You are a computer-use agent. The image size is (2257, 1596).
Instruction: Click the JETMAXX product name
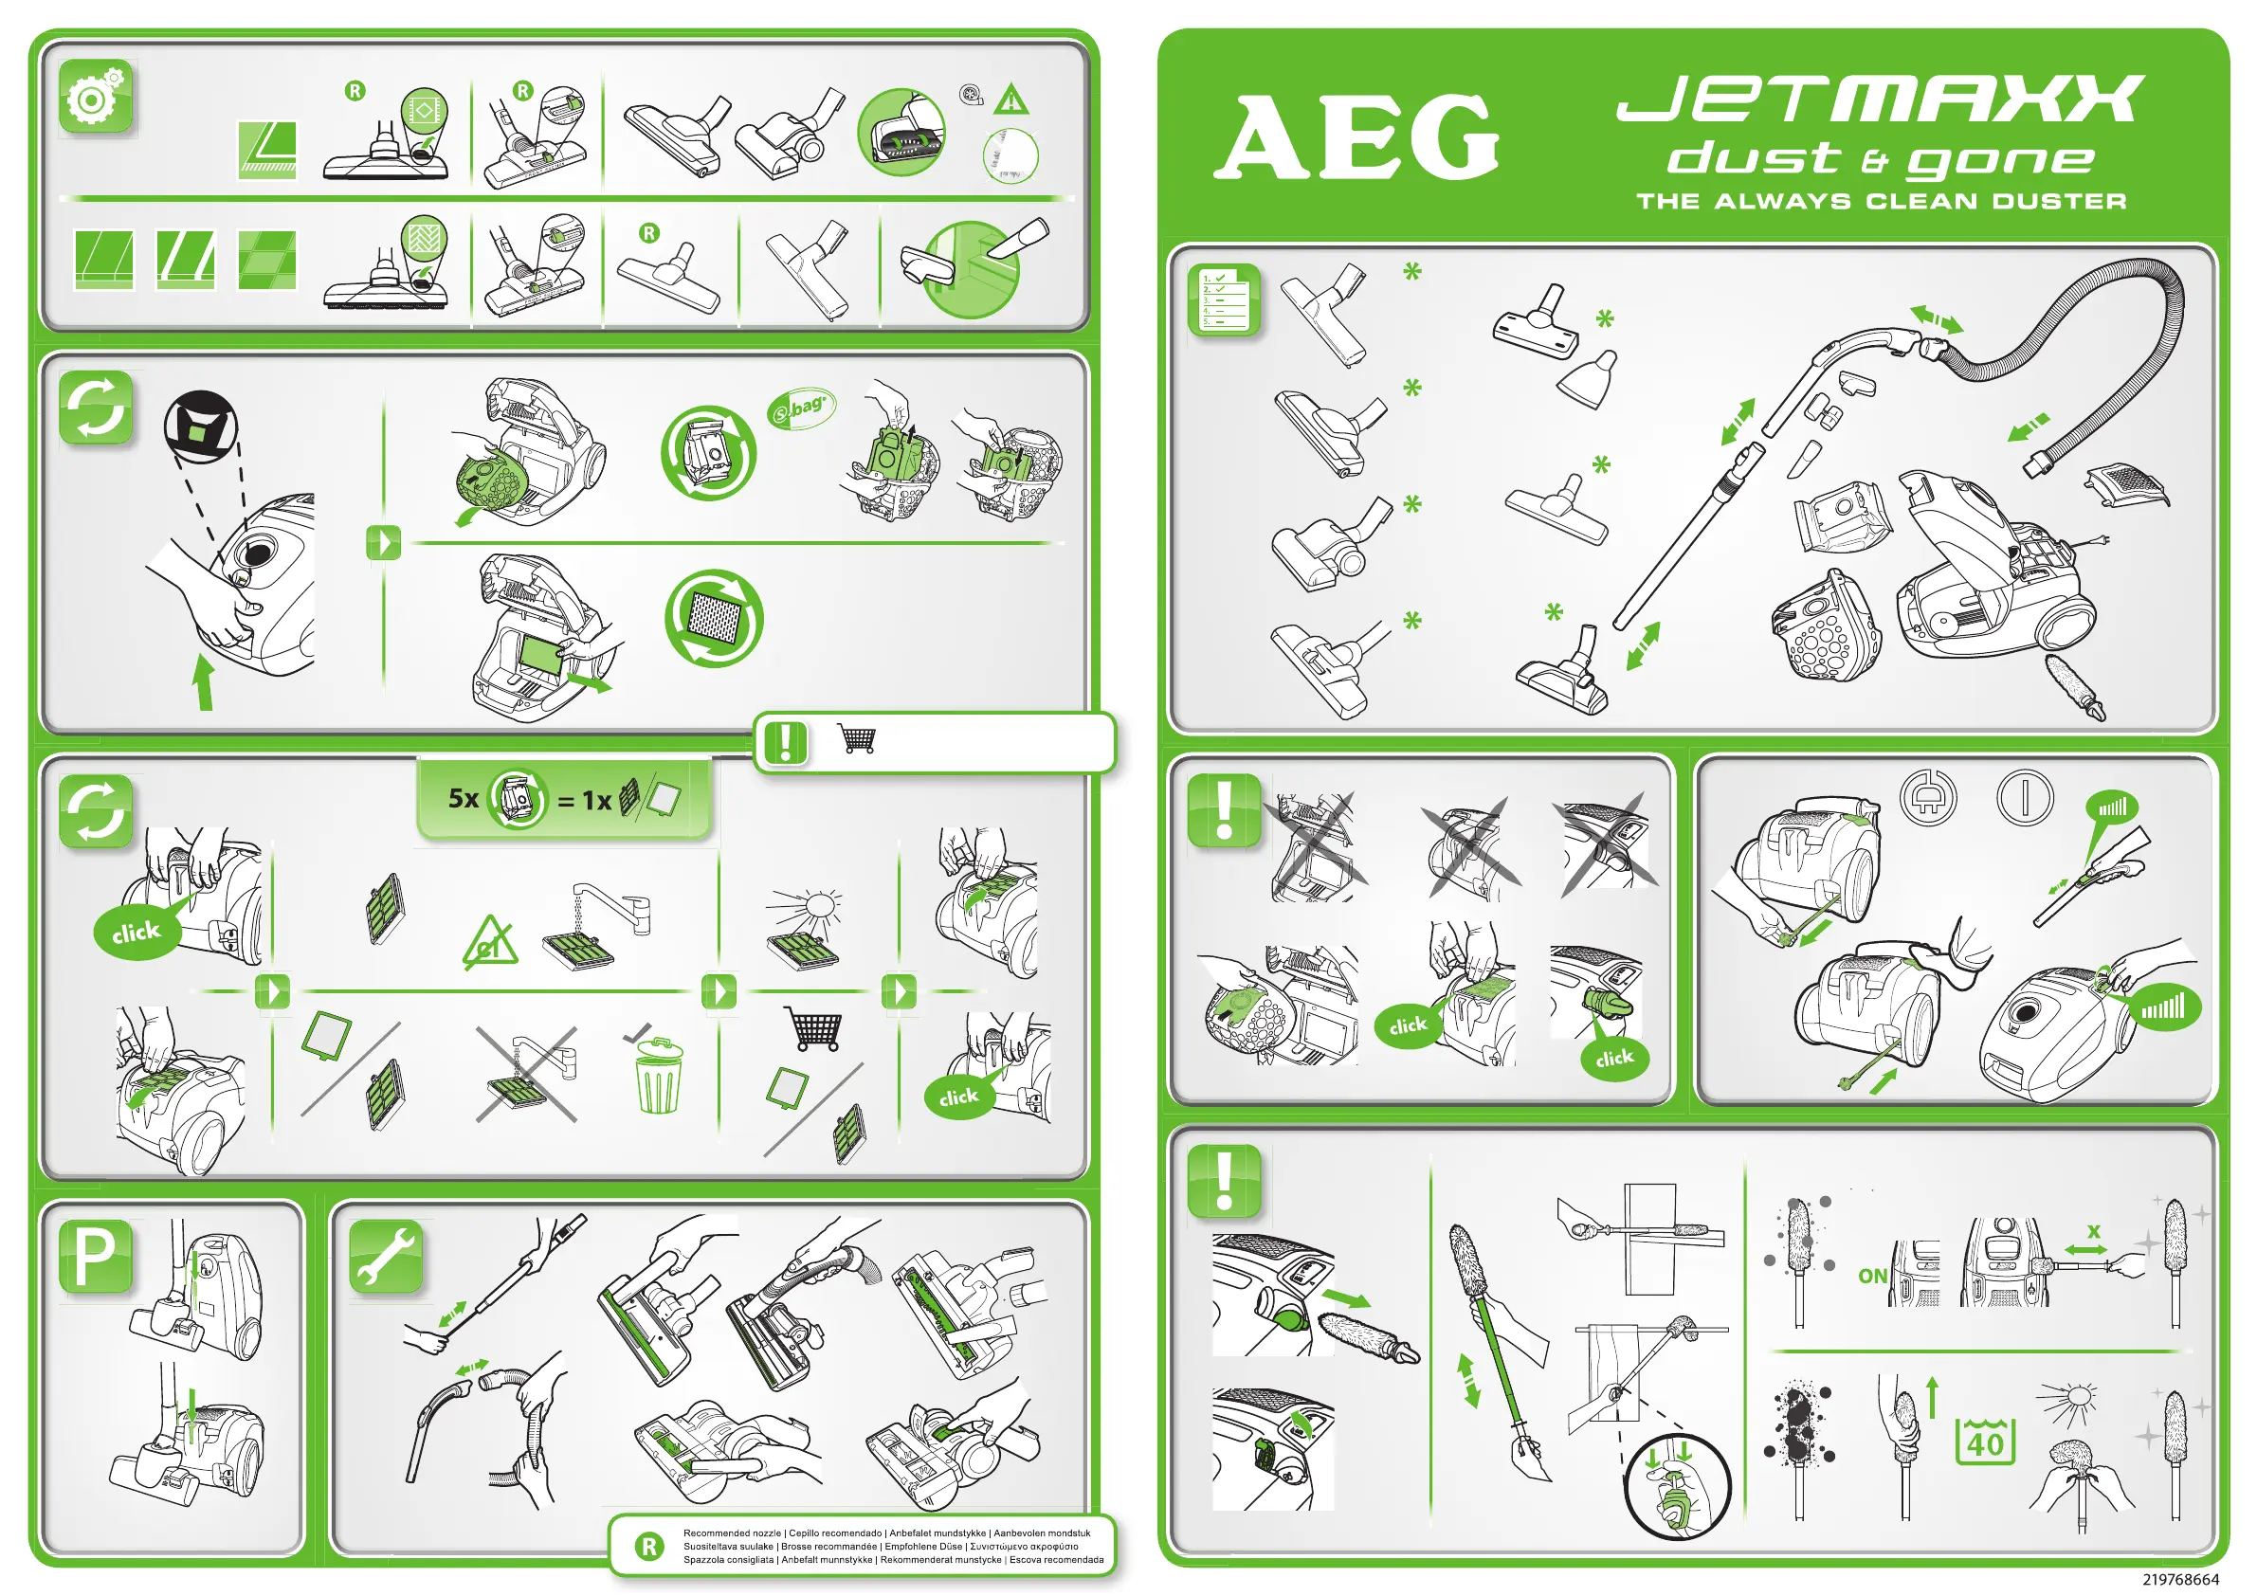[x=1880, y=99]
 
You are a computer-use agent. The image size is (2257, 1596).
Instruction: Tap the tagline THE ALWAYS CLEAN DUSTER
[x=1882, y=202]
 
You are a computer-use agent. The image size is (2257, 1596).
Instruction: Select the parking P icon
[x=96, y=1256]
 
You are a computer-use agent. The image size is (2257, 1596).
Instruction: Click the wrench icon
[x=387, y=1256]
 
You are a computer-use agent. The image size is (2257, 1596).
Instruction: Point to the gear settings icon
[x=96, y=98]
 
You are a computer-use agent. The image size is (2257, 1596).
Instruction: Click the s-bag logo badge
[x=801, y=408]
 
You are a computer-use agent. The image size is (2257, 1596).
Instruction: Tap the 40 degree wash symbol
[x=1986, y=1442]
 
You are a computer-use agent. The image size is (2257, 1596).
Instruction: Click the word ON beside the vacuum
[x=1871, y=1276]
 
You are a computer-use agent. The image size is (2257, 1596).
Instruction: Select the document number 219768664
[x=2180, y=1579]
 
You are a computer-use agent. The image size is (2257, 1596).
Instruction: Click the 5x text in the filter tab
[x=463, y=798]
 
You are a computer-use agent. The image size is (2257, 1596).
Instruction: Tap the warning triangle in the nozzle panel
[x=1010, y=100]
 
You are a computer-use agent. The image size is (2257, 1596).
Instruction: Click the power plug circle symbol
[x=1928, y=797]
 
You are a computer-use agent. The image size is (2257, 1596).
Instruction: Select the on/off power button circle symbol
[x=2025, y=797]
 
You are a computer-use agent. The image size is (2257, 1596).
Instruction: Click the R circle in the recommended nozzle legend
[x=648, y=1547]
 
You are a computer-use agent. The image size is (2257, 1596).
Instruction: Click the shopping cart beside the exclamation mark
[x=856, y=739]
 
